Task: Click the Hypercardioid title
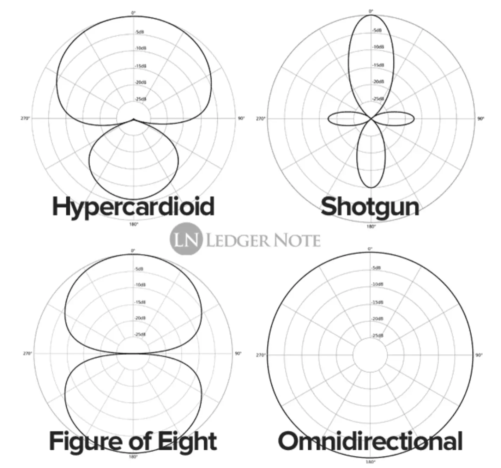pos(133,207)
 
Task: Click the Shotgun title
pos(370,207)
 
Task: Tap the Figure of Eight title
pos(133,441)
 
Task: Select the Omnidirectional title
pos(370,441)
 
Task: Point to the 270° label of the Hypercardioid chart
pos(25,118)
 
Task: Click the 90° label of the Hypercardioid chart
pos(241,118)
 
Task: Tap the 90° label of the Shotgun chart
pos(481,119)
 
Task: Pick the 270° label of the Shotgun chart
pos(260,119)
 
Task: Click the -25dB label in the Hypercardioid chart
pos(140,99)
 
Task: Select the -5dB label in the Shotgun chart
pos(377,30)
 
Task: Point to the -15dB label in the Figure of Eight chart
pos(140,302)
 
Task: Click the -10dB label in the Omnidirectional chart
pos(378,284)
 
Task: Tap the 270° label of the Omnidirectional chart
pos(260,355)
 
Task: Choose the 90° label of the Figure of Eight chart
pos(238,353)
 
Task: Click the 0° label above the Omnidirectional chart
pos(370,249)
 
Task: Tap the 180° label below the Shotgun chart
pos(371,226)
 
